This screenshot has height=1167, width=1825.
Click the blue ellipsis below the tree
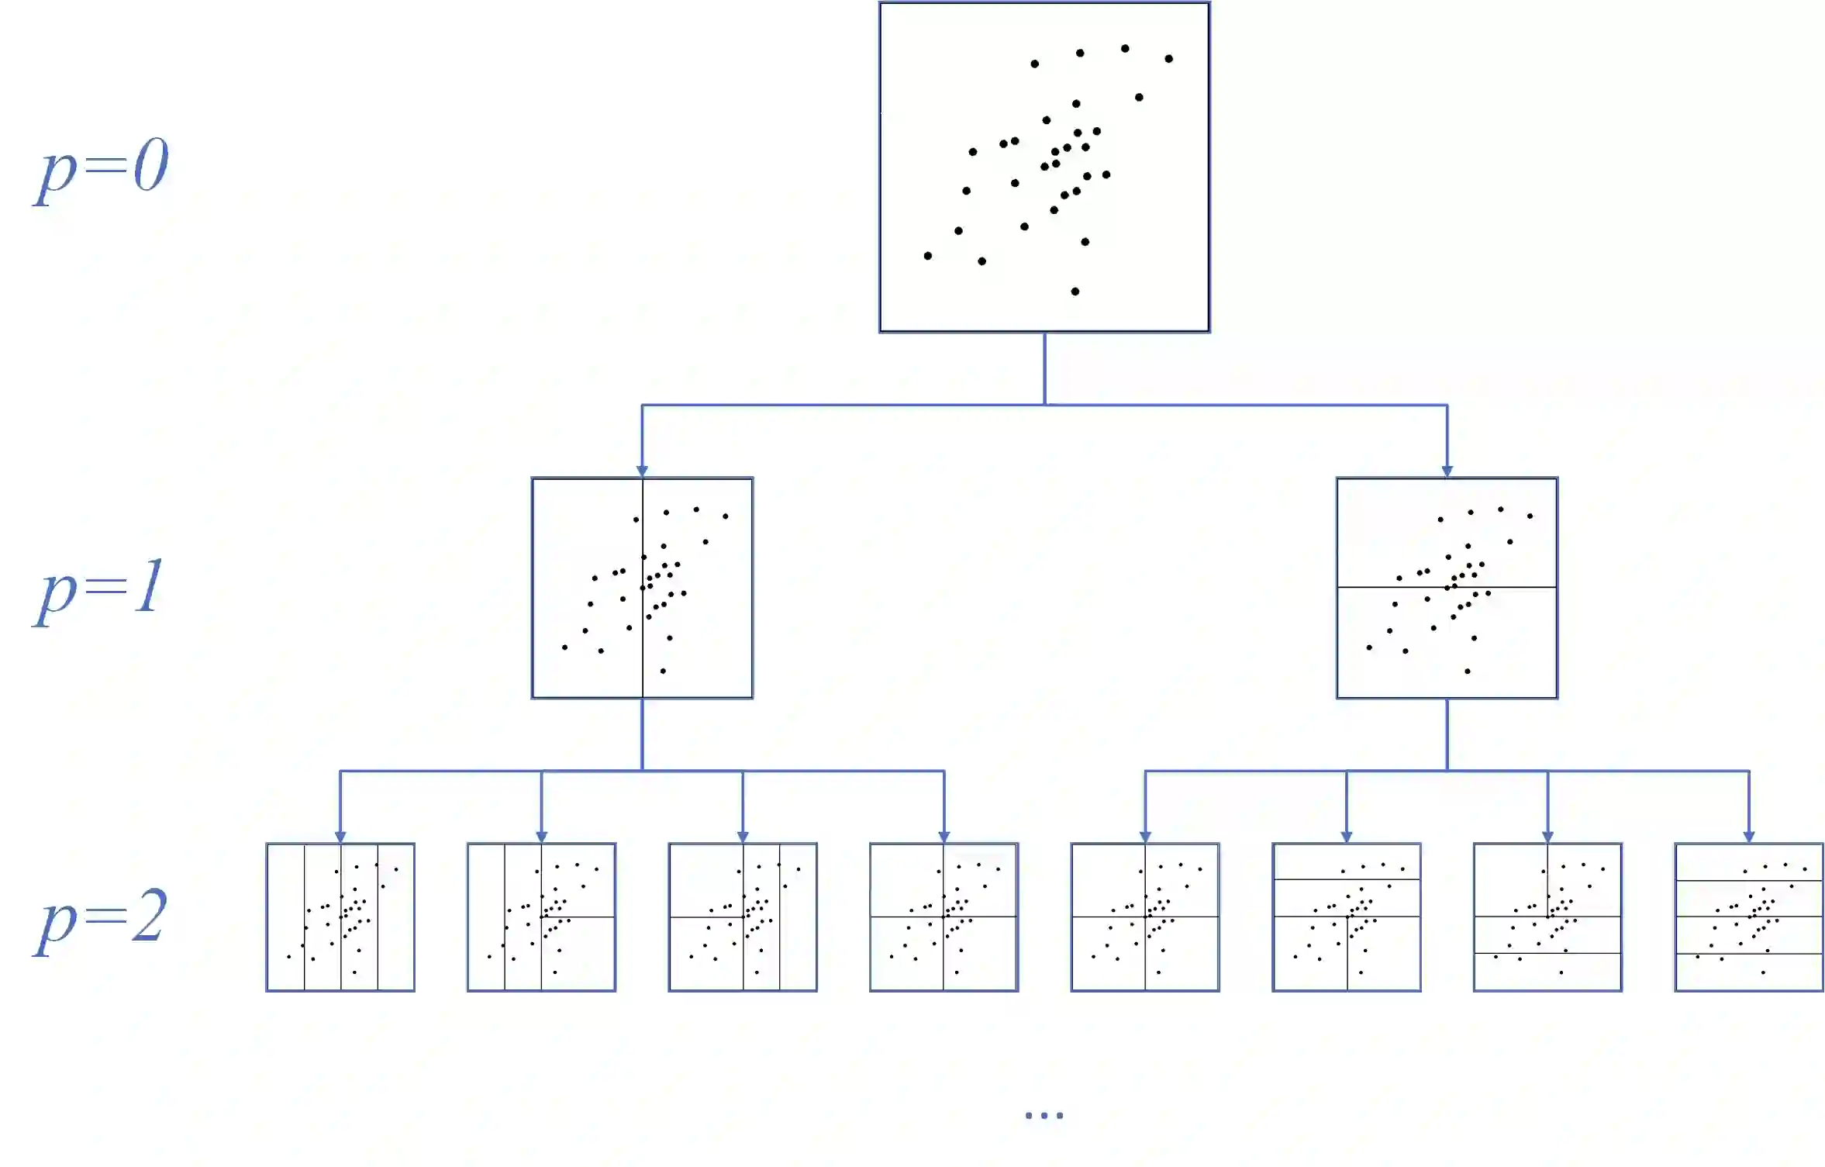point(1044,1116)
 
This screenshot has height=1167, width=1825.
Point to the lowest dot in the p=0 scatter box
point(1075,292)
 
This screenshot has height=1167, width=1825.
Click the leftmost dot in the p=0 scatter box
point(927,256)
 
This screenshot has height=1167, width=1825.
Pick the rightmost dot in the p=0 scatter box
point(1168,59)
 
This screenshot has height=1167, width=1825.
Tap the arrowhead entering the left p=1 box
point(642,471)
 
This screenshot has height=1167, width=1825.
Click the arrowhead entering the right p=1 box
point(1447,471)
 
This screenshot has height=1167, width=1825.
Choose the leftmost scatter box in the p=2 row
point(340,917)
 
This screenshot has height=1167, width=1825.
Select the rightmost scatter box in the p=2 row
point(1749,917)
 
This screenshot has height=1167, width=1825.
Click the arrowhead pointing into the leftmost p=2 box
point(340,837)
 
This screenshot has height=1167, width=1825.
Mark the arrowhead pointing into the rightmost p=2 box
point(1749,837)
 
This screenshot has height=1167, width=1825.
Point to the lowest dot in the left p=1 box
point(663,671)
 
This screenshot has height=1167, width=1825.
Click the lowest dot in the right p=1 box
point(1468,671)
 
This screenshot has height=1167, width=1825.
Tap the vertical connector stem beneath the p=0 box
point(1044,368)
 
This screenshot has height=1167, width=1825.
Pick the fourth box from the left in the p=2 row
point(944,917)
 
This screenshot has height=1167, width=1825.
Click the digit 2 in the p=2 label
point(149,917)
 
